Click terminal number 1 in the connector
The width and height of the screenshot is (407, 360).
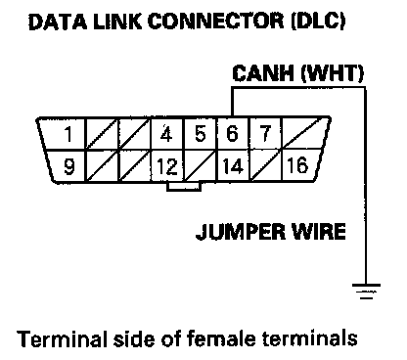point(68,134)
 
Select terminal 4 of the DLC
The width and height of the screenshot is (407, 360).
point(166,133)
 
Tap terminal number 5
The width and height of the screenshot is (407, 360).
point(201,133)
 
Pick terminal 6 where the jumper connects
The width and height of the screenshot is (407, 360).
point(232,133)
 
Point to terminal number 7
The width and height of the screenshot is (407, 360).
point(265,133)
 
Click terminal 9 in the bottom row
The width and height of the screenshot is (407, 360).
point(68,166)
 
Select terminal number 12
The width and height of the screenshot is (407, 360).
point(167,166)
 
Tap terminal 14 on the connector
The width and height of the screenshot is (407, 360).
point(233,166)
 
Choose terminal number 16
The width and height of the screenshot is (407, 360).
point(297,165)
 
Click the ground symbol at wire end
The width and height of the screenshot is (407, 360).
point(366,291)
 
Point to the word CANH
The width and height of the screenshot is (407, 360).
point(263,73)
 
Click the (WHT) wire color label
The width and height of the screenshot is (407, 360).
point(332,73)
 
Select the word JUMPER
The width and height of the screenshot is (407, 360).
point(241,232)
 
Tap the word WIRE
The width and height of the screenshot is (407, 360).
point(319,232)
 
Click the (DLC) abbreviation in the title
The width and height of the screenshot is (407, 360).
point(318,22)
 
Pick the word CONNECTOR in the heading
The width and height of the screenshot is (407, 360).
point(216,22)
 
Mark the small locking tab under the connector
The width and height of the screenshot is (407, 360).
point(184,187)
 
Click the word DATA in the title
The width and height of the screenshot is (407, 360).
point(58,22)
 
